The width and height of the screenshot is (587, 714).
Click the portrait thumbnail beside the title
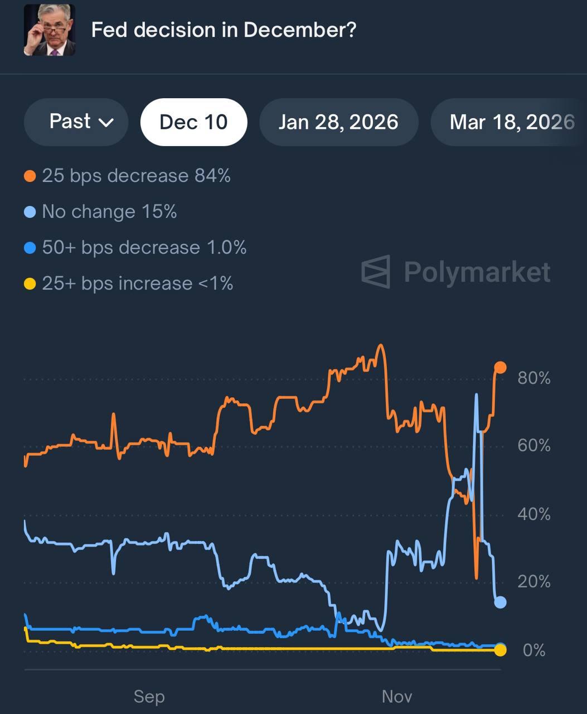tap(49, 30)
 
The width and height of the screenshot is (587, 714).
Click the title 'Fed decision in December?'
tap(223, 30)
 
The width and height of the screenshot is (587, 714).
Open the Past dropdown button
tap(76, 122)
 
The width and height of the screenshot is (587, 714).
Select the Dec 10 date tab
tap(193, 122)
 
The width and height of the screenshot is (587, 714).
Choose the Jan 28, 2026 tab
tap(338, 122)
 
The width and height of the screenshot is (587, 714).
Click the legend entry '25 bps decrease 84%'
tap(135, 176)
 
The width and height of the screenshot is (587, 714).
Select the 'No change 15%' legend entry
tap(109, 212)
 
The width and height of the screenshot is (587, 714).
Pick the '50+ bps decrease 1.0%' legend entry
tap(144, 248)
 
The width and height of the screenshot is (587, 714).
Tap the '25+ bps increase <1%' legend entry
tap(137, 283)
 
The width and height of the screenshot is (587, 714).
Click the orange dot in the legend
tap(30, 177)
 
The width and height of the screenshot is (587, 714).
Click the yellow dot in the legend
tap(30, 284)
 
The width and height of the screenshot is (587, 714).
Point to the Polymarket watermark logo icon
tap(376, 272)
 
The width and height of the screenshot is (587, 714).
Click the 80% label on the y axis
tap(533, 378)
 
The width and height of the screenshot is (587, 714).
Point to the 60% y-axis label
tap(533, 446)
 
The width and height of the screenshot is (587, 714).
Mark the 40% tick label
tap(533, 514)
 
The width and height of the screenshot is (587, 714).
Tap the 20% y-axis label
tap(533, 582)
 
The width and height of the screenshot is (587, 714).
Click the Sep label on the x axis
tap(149, 696)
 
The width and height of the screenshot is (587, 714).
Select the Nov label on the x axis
tap(397, 696)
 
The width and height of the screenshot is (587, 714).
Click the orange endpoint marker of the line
tap(500, 367)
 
